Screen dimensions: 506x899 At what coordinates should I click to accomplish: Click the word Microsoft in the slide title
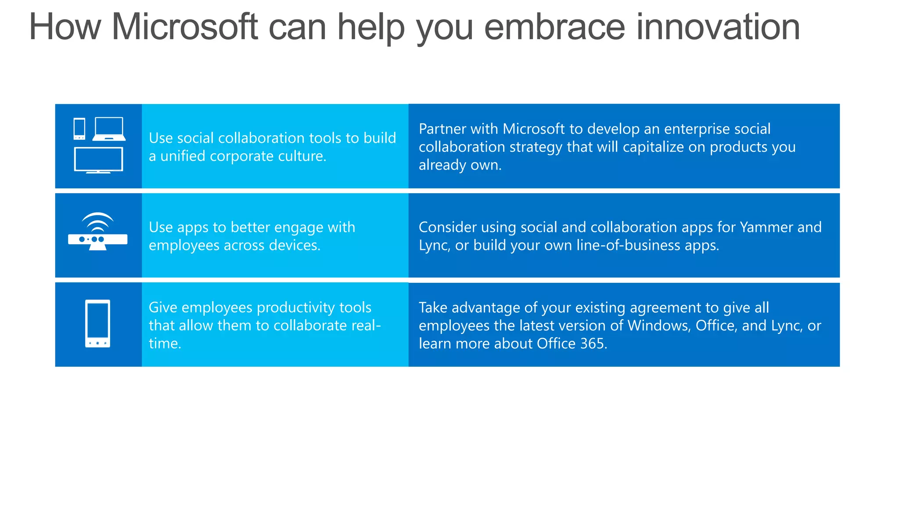184,27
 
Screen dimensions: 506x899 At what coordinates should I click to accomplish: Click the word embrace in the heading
554,27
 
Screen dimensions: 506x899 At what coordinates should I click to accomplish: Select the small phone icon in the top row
79,129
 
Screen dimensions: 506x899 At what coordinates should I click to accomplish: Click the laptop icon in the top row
109,129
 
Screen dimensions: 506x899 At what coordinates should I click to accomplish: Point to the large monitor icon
98,160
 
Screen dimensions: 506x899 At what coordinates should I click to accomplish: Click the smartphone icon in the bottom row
97,324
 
